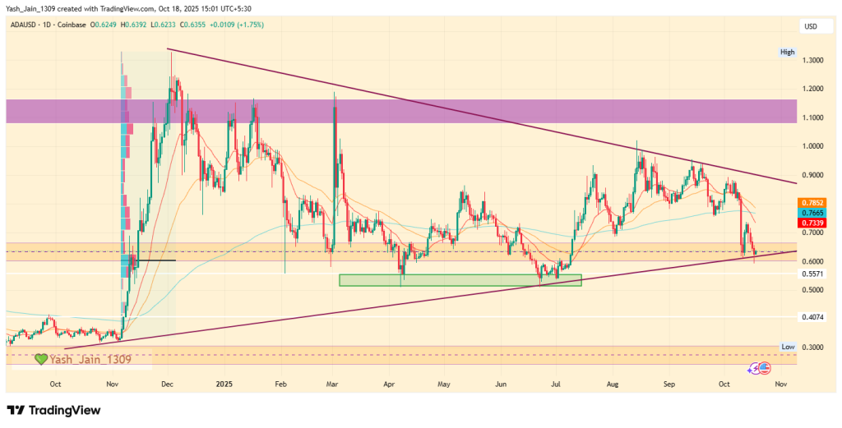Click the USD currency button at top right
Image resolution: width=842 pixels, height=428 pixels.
pyautogui.click(x=811, y=26)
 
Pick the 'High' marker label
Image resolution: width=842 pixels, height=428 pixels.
pyautogui.click(x=788, y=52)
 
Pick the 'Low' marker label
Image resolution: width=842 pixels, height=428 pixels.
pyautogui.click(x=788, y=347)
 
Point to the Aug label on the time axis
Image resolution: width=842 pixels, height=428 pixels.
pyautogui.click(x=611, y=384)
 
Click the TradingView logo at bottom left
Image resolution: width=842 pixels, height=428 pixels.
pyautogui.click(x=53, y=410)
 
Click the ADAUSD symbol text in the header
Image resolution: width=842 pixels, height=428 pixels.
pyautogui.click(x=26, y=25)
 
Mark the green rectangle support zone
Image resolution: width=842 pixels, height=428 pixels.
pyautogui.click(x=460, y=280)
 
